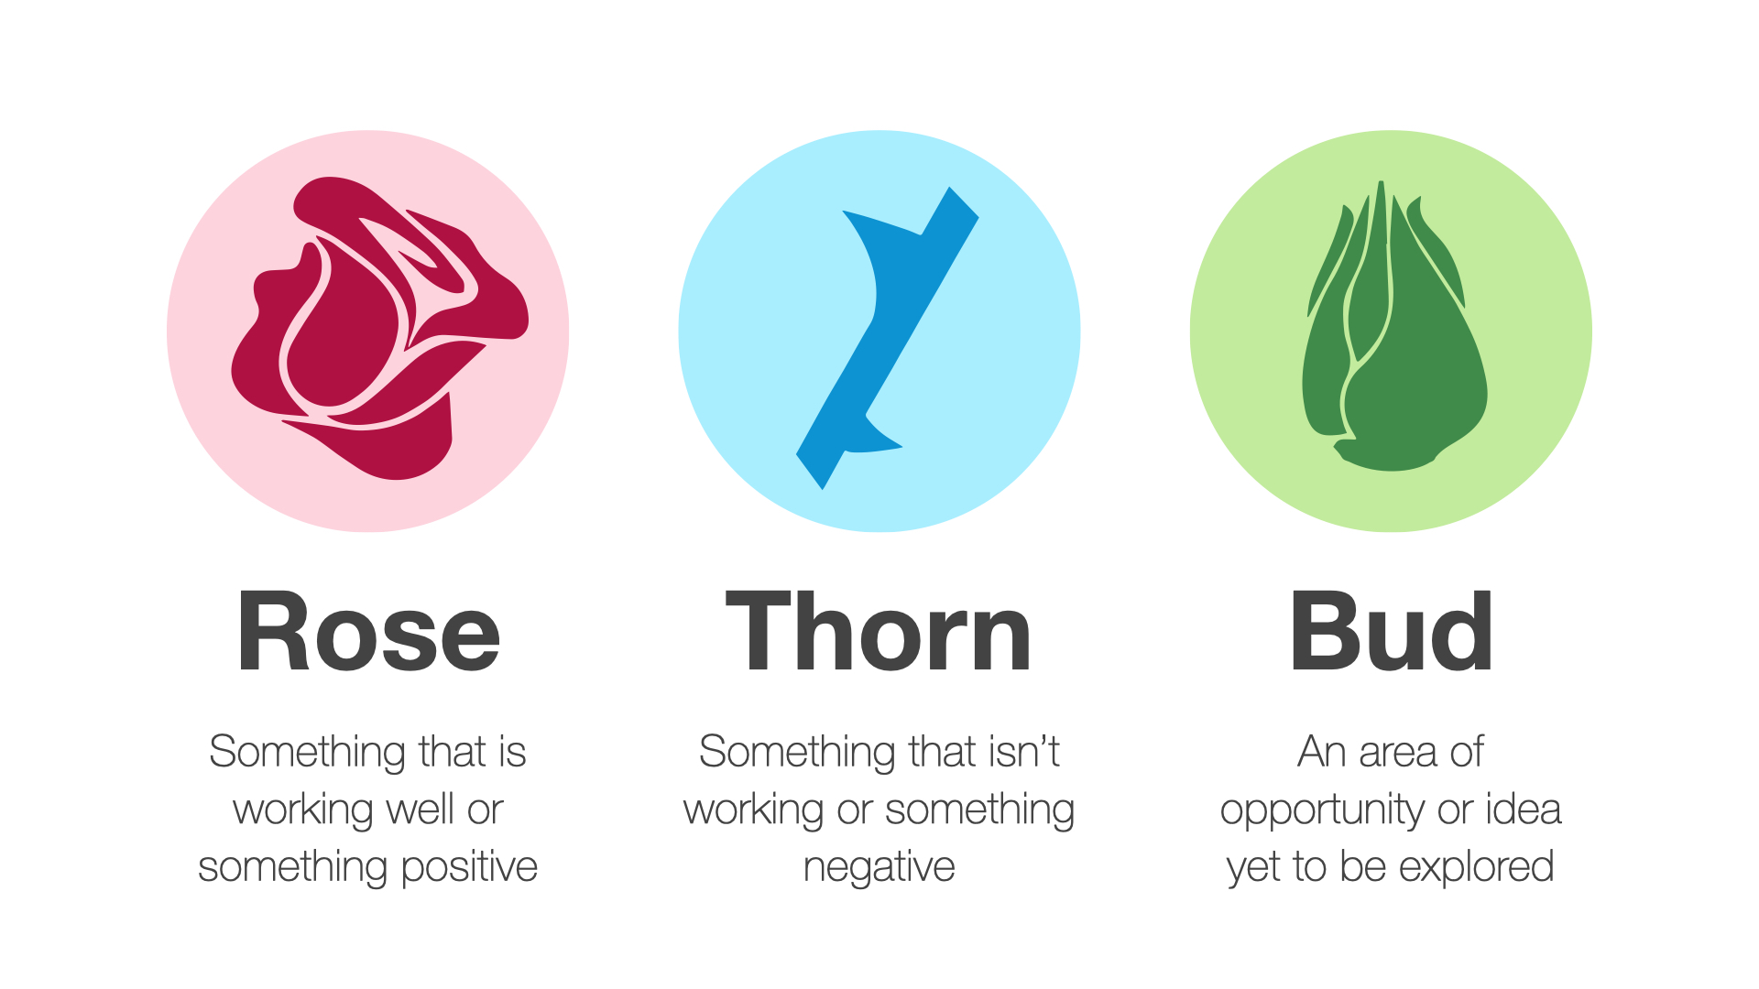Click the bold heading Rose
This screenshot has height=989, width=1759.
click(x=368, y=631)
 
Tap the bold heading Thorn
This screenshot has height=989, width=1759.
click(x=879, y=631)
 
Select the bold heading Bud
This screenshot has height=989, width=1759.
click(x=1391, y=631)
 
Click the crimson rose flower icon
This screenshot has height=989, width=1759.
click(x=379, y=328)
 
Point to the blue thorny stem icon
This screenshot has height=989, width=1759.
click(x=887, y=337)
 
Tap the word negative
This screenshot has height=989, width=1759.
click(x=879, y=867)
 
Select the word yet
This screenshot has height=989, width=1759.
click(x=1254, y=867)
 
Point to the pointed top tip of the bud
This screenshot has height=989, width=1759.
click(x=1381, y=183)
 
